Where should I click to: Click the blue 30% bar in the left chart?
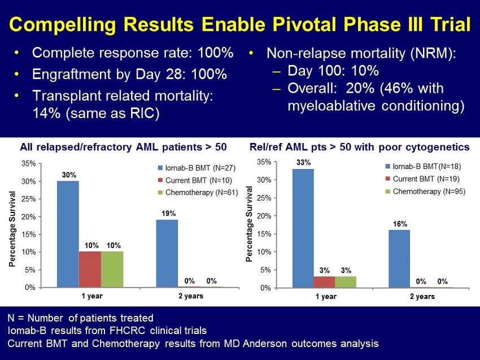pyautogui.click(x=68, y=234)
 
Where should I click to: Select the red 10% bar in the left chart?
pyautogui.click(x=90, y=270)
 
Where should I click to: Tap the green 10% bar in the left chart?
pyautogui.click(x=112, y=270)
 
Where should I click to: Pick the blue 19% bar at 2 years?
pyautogui.click(x=167, y=253)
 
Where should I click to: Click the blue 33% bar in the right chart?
pyautogui.click(x=303, y=228)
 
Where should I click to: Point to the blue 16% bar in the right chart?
pyautogui.click(x=399, y=259)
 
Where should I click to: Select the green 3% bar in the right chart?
pyautogui.click(x=346, y=282)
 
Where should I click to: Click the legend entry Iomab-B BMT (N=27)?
pyautogui.click(x=197, y=168)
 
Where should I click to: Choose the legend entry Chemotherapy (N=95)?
pyautogui.click(x=425, y=192)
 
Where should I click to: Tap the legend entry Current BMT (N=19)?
pyautogui.click(x=422, y=179)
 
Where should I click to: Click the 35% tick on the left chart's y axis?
pyautogui.click(x=28, y=163)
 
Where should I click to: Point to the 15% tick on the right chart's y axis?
pyautogui.click(x=264, y=234)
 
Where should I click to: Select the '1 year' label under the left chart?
pyautogui.click(x=92, y=296)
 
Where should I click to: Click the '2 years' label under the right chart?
pyautogui.click(x=422, y=297)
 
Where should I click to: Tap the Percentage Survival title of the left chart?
pyautogui.click(x=12, y=229)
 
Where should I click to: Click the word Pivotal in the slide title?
pyautogui.click(x=308, y=24)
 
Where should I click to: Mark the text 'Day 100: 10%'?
pyautogui.click(x=333, y=71)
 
